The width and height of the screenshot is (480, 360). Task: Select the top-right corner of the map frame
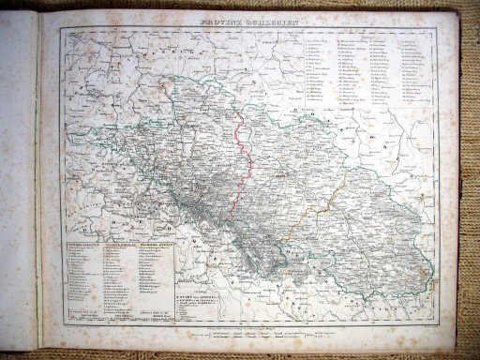coord(441,26)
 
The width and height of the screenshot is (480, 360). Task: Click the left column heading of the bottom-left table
coord(82,245)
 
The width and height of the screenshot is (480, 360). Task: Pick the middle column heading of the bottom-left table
coord(118,245)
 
